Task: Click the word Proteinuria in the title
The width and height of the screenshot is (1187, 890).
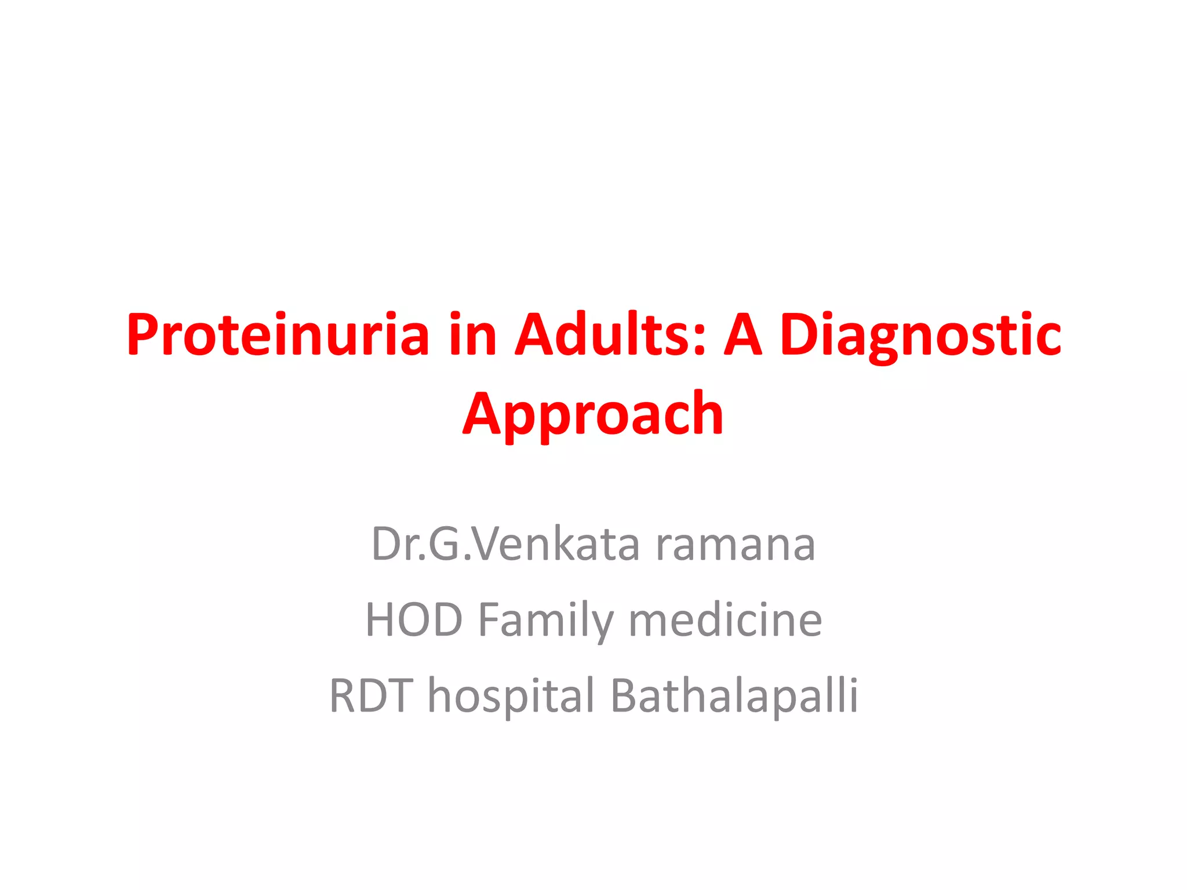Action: click(x=278, y=335)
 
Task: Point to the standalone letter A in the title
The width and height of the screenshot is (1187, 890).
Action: click(x=742, y=335)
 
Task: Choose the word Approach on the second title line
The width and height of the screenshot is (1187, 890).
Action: click(x=593, y=415)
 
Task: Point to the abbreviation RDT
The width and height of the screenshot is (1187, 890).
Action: click(x=371, y=695)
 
